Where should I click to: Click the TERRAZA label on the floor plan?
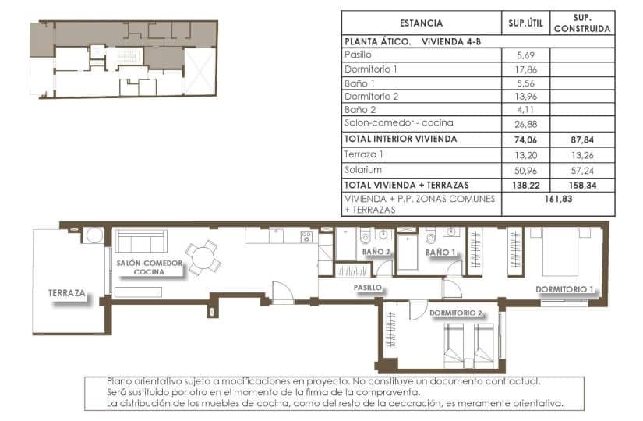tap(66, 293)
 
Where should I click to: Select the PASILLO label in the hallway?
tap(366, 287)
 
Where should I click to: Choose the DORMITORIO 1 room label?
tap(565, 290)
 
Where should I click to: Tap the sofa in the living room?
tap(140, 240)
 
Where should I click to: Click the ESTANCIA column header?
tap(421, 23)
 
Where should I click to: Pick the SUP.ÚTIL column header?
tap(525, 23)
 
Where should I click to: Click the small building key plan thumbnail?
tap(122, 60)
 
